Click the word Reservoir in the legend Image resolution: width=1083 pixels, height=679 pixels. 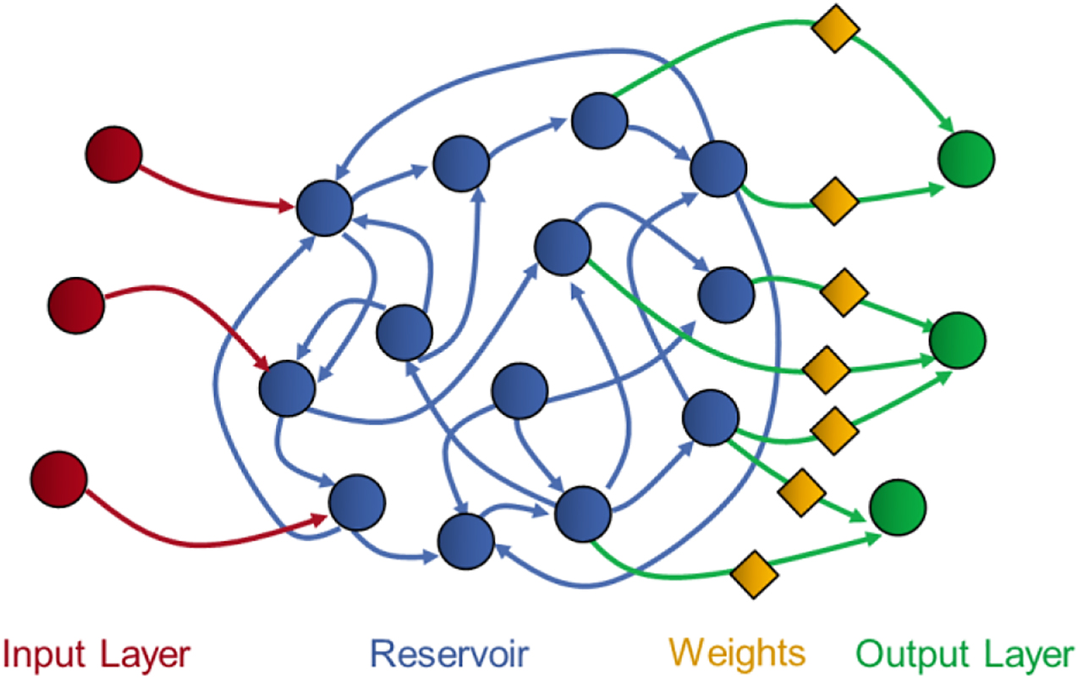point(449,654)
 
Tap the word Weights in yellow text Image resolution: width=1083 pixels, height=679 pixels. point(737,653)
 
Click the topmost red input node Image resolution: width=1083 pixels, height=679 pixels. point(113,155)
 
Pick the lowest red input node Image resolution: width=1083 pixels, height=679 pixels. point(58,480)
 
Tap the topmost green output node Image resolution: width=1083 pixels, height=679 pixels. point(966,157)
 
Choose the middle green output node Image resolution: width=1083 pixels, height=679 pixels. point(957,340)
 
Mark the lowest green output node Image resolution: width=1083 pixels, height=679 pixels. point(898,508)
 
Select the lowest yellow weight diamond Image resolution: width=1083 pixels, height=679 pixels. point(754,575)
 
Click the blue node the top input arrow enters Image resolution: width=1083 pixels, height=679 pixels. point(324,207)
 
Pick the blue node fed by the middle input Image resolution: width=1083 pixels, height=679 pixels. point(287,388)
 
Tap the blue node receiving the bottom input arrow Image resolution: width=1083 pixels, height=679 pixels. point(356,502)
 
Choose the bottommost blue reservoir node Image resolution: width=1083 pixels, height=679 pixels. point(465,539)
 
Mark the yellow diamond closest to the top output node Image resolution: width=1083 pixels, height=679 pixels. point(834,201)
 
